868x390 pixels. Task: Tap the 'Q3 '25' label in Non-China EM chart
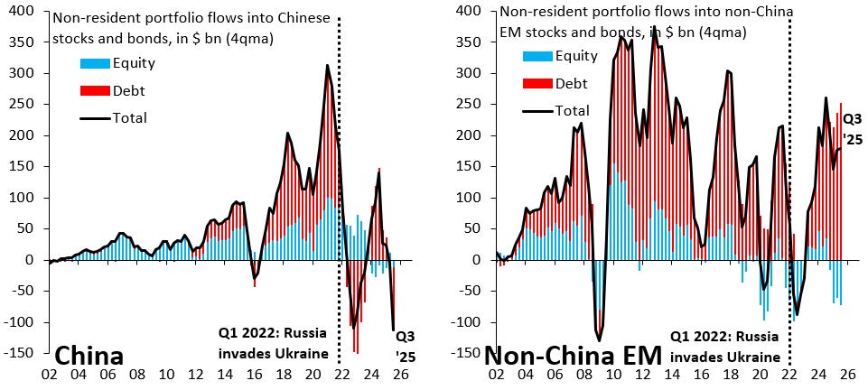(x=852, y=126)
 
